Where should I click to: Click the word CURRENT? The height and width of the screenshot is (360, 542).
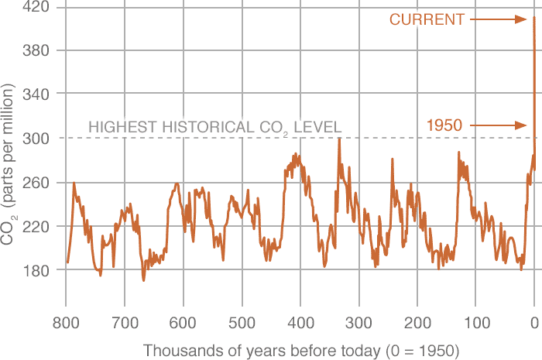(426, 19)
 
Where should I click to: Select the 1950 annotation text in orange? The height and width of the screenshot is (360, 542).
(445, 125)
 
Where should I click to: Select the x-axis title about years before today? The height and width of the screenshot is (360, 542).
(301, 349)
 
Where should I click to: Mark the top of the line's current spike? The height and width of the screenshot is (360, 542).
(534, 18)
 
